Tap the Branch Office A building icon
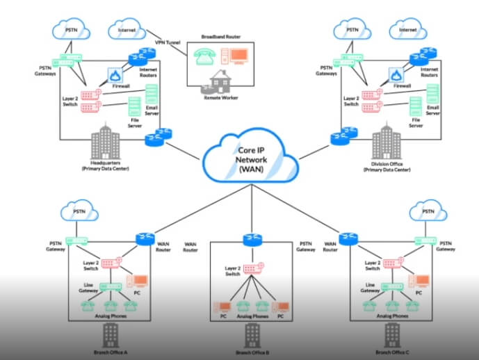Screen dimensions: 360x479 click(x=109, y=334)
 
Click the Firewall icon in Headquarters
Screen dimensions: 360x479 click(x=115, y=74)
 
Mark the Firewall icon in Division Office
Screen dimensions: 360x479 click(x=396, y=74)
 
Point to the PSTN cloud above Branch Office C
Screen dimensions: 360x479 click(x=427, y=213)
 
